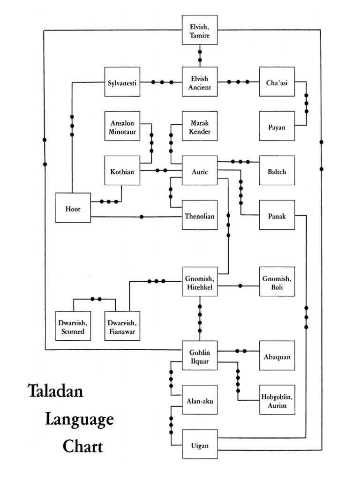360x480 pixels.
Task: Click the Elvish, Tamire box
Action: [x=200, y=30]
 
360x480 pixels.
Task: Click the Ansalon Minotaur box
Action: [x=122, y=126]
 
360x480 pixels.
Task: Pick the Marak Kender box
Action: [x=200, y=126]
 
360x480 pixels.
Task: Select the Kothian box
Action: [x=122, y=171]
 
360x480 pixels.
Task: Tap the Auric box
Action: [x=200, y=171]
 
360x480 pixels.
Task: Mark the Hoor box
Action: [x=73, y=208]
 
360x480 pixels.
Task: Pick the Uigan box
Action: [x=200, y=444]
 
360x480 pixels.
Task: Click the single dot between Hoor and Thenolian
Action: [x=142, y=217]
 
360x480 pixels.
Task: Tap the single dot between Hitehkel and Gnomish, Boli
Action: [x=240, y=285]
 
